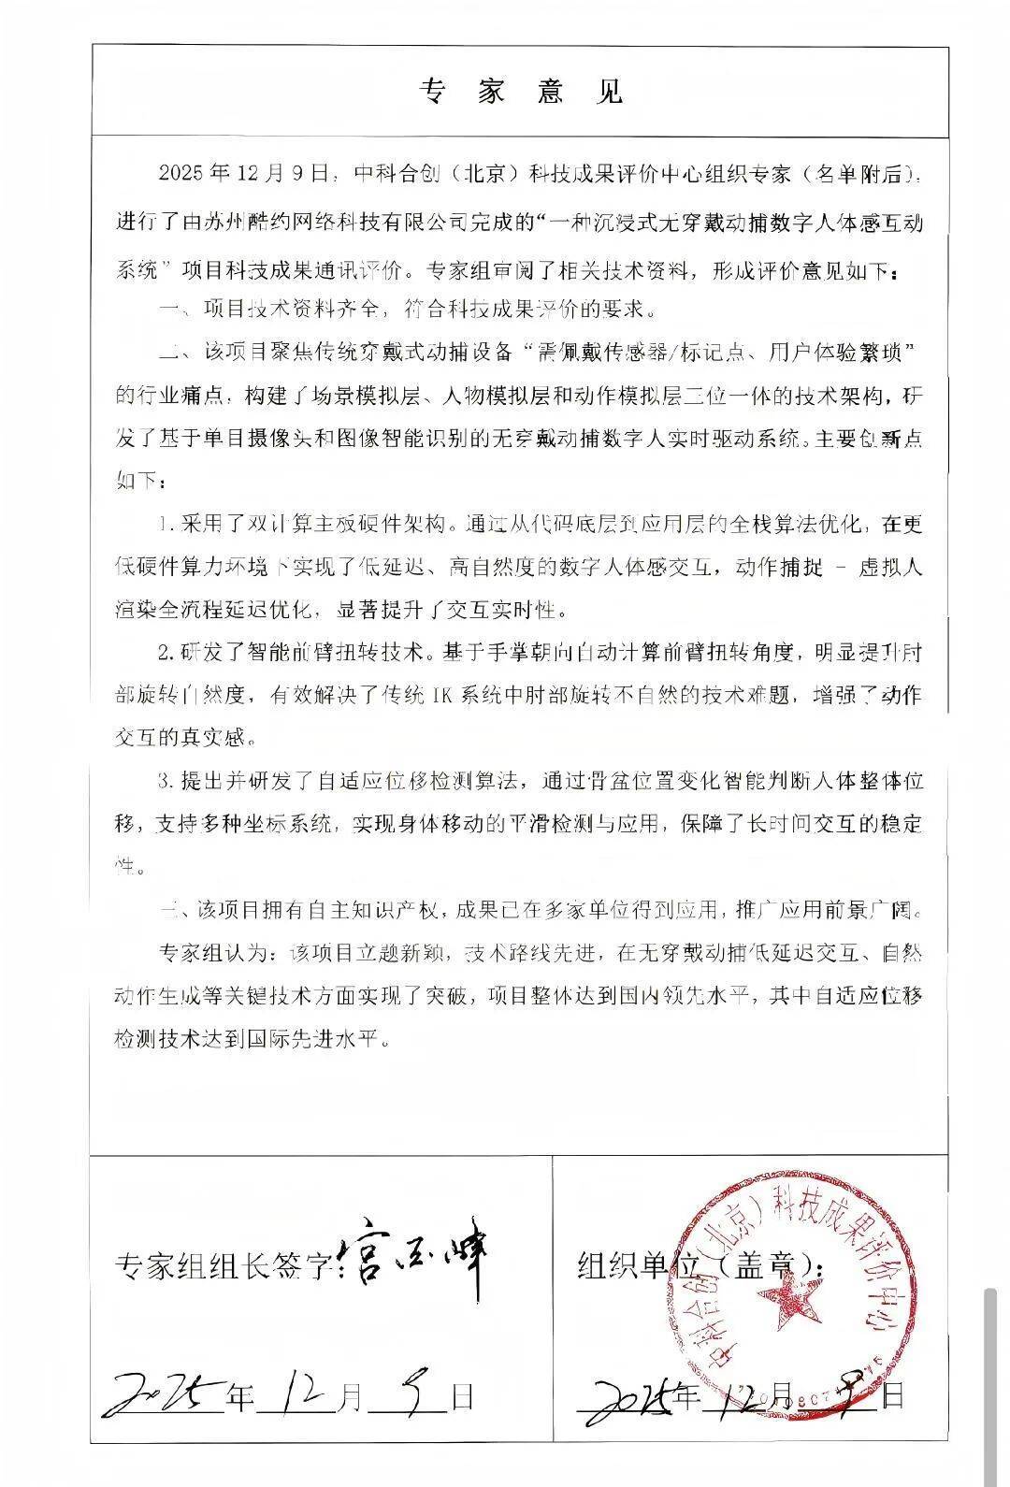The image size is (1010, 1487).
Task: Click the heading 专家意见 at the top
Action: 520,92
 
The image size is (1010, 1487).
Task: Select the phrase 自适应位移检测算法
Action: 422,779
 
